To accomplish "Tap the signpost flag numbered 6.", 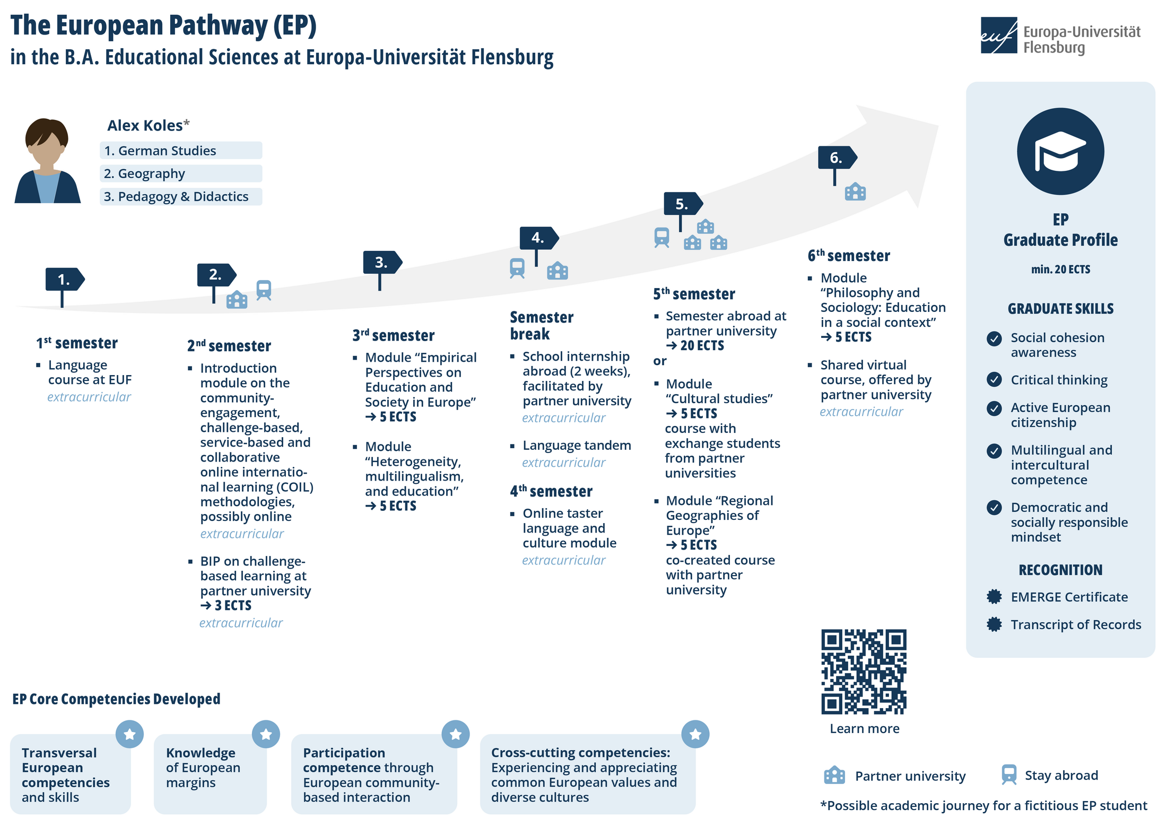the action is (837, 158).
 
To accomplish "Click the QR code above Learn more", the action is (864, 672).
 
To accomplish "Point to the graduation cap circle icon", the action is (1060, 151).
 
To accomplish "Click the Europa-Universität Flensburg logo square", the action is (999, 36).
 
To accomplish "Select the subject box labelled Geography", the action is (181, 173).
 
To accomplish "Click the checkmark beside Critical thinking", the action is (994, 379).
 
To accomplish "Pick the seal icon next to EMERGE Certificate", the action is (994, 597).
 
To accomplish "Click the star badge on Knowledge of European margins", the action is (266, 734).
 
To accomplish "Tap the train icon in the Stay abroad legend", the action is (1009, 774).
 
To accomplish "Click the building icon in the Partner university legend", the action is (834, 775).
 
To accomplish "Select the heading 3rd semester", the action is (394, 335).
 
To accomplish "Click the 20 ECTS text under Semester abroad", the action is (695, 346).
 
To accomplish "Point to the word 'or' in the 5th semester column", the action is (660, 361).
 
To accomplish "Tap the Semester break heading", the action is (542, 326).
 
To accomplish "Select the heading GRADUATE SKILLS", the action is (1060, 309).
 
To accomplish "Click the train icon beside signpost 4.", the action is (517, 268).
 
